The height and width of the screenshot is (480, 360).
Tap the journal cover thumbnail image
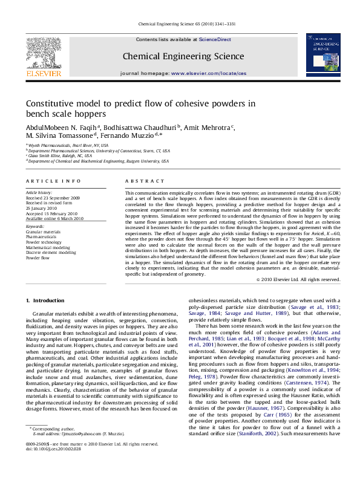point(322,55)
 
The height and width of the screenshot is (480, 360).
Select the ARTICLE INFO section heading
point(53,181)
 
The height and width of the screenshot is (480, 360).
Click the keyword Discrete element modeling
point(51,252)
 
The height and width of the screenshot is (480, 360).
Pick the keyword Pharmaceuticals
point(44,236)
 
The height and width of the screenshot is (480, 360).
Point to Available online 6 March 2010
point(54,218)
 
